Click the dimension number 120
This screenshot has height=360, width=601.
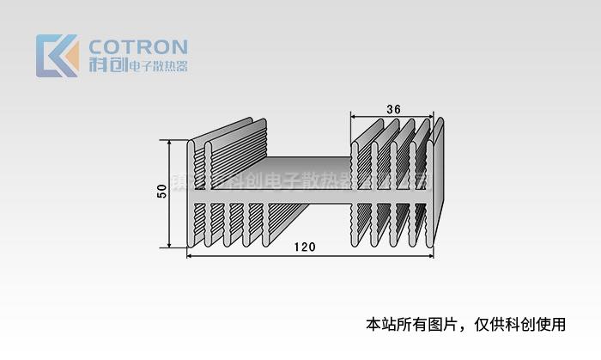pos(304,247)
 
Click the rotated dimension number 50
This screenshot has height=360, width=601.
pos(161,192)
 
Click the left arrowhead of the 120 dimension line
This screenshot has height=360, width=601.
pos(191,255)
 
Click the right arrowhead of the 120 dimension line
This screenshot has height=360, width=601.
pos(429,255)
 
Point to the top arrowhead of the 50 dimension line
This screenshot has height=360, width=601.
pos(170,144)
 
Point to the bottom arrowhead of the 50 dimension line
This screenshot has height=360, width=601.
pos(170,244)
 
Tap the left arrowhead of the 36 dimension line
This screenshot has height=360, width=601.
pos(354,118)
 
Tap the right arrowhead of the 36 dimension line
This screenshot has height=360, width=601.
pos(432,118)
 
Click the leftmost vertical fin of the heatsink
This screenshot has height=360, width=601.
pos(191,193)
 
